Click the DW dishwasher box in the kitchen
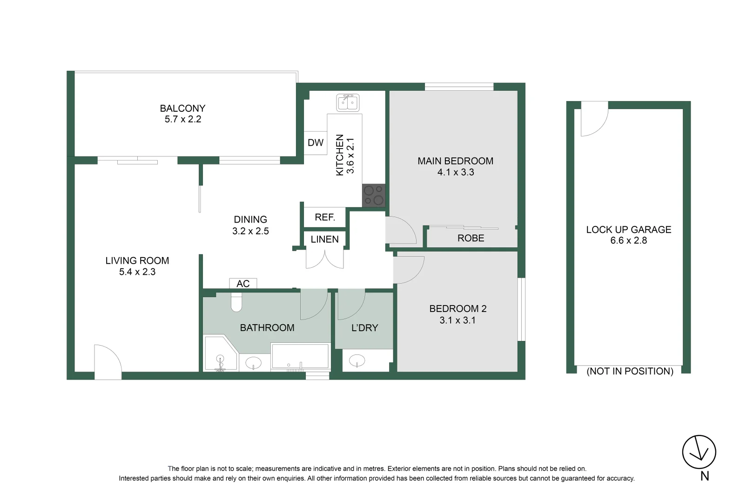[315, 143]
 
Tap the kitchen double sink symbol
[348, 102]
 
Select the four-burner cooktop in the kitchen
[374, 195]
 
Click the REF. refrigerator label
[324, 217]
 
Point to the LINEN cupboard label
[324, 239]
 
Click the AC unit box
[243, 284]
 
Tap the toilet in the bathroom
[236, 302]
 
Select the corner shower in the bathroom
[220, 354]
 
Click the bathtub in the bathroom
[301, 357]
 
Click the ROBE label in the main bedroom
[471, 238]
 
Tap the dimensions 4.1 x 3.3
[456, 172]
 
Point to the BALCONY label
[182, 108]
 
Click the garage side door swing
[593, 121]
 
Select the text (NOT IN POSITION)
[630, 371]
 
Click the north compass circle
[699, 452]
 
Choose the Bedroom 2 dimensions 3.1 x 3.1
[457, 320]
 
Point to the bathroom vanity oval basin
[253, 362]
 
